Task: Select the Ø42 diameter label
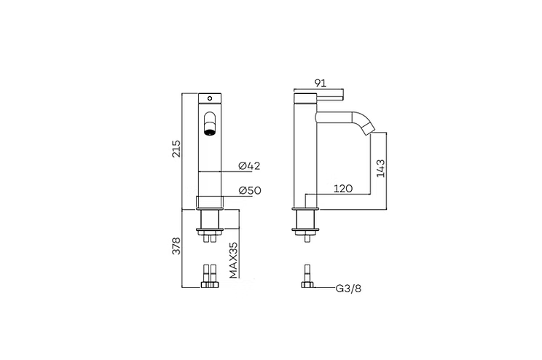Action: [250, 166]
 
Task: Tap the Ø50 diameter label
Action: [250, 192]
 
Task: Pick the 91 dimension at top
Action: [318, 84]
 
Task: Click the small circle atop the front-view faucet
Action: [210, 98]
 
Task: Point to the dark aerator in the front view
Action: [209, 132]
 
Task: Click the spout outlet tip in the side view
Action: [368, 131]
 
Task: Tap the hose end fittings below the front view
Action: [210, 278]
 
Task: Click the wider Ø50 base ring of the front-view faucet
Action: [210, 202]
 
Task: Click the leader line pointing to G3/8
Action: [322, 288]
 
